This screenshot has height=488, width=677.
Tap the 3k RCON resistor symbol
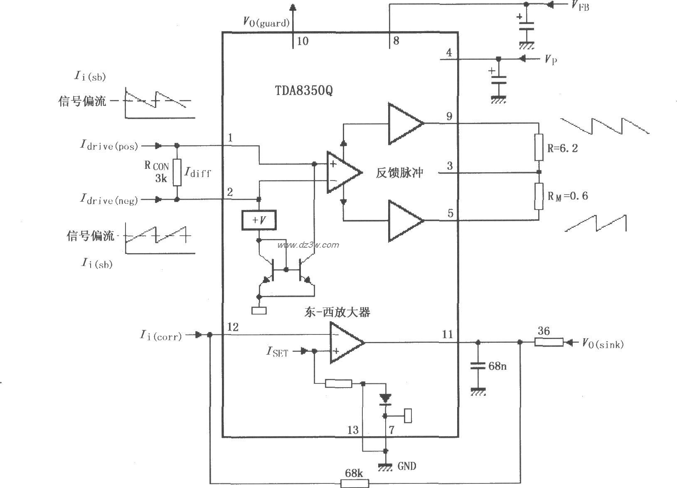click(x=177, y=172)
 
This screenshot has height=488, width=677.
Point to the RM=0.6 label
click(x=567, y=196)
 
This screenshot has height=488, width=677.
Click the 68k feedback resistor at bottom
click(x=355, y=483)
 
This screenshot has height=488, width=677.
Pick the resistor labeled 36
click(x=549, y=342)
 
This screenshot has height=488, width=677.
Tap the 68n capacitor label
click(x=497, y=366)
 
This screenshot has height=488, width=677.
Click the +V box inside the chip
click(x=259, y=220)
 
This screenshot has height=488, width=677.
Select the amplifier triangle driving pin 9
click(x=404, y=123)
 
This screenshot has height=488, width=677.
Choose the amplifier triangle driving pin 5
click(x=404, y=220)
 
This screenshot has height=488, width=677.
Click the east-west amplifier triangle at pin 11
click(x=345, y=343)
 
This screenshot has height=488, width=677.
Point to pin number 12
click(x=233, y=327)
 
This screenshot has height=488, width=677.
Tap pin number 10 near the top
click(x=303, y=41)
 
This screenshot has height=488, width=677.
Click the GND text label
click(x=406, y=466)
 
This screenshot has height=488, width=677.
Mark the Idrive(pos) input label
click(x=109, y=146)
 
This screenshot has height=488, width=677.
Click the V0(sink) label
click(x=602, y=343)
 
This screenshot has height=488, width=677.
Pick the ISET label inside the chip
click(x=277, y=352)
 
